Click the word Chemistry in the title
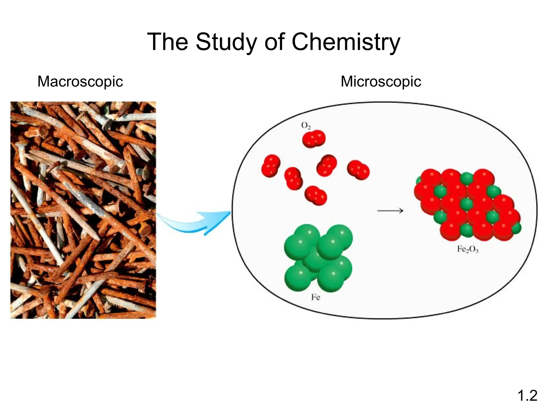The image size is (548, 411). click(x=346, y=42)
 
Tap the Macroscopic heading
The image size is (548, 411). click(x=80, y=81)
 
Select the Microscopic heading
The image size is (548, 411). click(x=381, y=81)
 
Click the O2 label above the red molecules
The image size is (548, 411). click(x=306, y=125)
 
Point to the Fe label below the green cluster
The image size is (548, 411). click(x=315, y=297)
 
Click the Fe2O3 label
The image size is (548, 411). click(x=467, y=249)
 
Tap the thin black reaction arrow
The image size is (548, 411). click(x=390, y=211)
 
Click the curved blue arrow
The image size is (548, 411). click(x=195, y=222)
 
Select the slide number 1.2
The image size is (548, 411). click(x=527, y=395)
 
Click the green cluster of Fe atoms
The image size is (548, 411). click(x=318, y=257)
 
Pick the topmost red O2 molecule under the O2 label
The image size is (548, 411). click(x=314, y=139)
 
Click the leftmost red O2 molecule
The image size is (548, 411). click(x=271, y=166)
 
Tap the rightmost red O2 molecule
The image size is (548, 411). click(x=358, y=170)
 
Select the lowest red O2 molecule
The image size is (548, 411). click(x=316, y=195)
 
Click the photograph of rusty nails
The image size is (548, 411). click(x=83, y=210)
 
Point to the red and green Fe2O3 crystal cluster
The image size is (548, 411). click(x=467, y=205)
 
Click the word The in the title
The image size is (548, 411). click(x=168, y=42)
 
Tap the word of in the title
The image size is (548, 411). click(x=274, y=42)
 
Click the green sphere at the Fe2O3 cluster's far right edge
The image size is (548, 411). click(x=517, y=228)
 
